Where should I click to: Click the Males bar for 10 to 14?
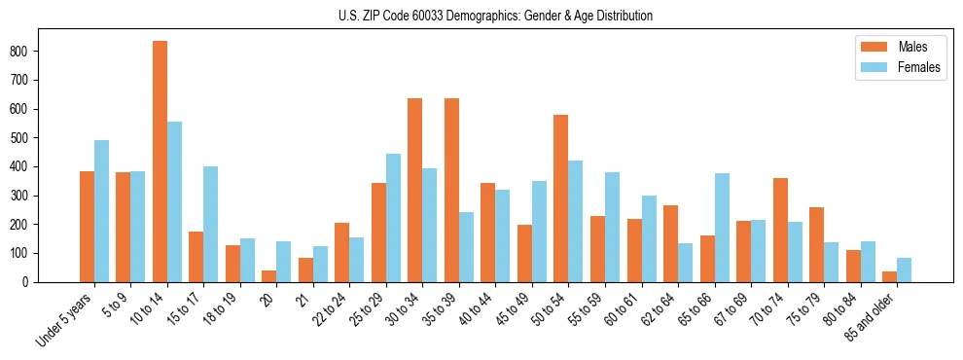(160, 162)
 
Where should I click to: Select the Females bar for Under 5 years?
(101, 211)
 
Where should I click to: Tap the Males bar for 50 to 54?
(561, 198)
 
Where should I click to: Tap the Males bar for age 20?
(269, 276)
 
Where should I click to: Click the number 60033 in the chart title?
(450, 17)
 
